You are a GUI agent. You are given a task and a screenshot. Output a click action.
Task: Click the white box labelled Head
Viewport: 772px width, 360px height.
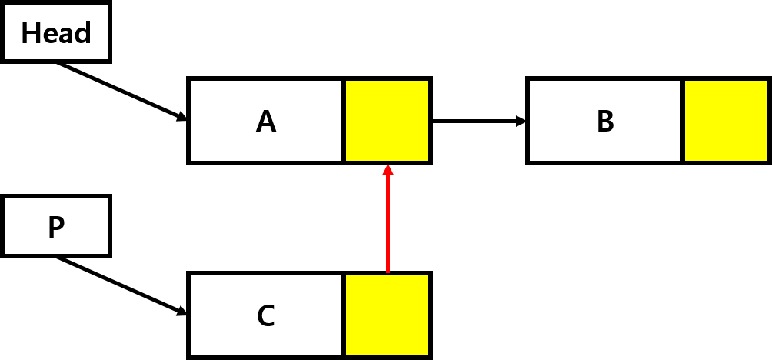[55, 33]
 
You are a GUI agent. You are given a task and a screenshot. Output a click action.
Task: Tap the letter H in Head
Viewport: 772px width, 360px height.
[30, 33]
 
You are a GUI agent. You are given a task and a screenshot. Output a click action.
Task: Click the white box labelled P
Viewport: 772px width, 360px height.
[55, 226]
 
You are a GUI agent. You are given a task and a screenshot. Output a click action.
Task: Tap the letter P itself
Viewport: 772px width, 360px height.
[56, 228]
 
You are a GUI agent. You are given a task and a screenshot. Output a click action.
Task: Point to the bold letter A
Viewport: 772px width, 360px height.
[266, 122]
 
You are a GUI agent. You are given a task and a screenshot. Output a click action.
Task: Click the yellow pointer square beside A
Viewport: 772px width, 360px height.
[387, 121]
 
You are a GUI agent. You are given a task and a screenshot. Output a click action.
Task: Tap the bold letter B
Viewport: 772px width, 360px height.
[605, 122]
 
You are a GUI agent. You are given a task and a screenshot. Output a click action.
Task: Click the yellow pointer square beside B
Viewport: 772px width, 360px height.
[726, 121]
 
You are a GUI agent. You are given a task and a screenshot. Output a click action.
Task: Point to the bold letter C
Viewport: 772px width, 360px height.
[266, 316]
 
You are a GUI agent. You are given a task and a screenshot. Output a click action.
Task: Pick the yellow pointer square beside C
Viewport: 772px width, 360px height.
[387, 315]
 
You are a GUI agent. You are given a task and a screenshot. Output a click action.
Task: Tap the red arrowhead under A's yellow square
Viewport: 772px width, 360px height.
[388, 170]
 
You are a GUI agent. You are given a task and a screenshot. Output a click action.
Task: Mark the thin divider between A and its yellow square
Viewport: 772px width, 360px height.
[344, 121]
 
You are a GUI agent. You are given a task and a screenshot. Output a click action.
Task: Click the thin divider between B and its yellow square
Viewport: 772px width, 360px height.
[683, 121]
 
